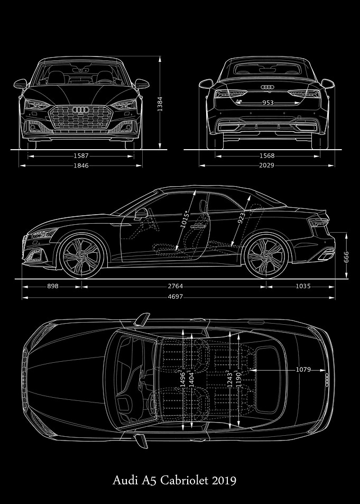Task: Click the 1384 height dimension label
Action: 160,104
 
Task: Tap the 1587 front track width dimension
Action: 81,156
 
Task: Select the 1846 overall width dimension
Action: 81,166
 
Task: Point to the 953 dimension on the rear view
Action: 267,103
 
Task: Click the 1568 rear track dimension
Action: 267,156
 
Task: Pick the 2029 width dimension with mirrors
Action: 267,166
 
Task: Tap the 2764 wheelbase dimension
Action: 175,286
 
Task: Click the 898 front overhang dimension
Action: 53,286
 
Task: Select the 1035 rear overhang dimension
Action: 303,286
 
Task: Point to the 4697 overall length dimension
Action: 175,297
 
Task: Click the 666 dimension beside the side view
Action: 346,257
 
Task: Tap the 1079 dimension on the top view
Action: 303,370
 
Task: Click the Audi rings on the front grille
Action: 81,110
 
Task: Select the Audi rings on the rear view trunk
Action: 267,87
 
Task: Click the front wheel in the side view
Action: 82,255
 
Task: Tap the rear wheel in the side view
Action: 266,255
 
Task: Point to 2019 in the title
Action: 224,481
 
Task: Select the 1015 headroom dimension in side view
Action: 185,220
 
